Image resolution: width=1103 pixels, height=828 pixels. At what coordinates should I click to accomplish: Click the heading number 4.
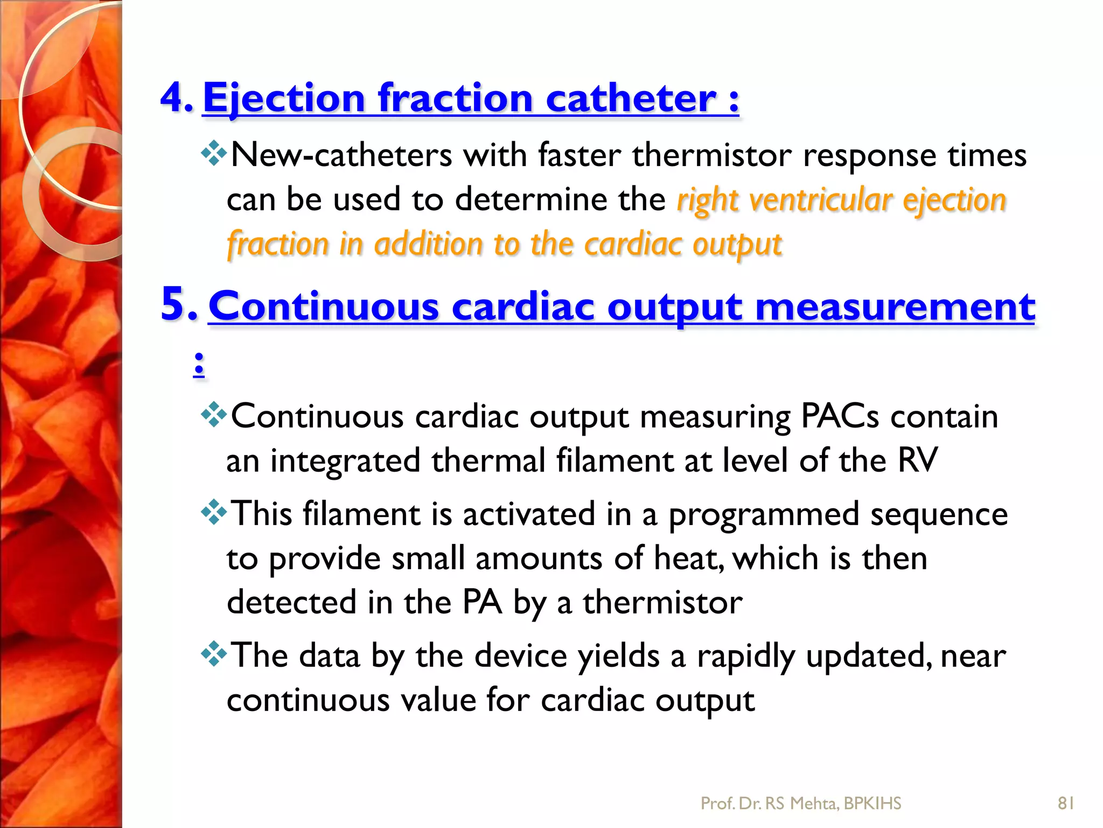pos(177,98)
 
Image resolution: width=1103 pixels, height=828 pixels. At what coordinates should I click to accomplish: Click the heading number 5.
pos(179,305)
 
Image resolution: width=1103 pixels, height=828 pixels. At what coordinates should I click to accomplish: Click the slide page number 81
pos(1066,803)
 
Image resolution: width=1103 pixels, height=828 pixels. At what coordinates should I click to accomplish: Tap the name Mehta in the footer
pos(813,804)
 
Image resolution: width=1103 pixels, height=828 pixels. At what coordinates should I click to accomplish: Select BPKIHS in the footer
pos(872,804)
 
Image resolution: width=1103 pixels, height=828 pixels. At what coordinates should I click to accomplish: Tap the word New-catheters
pos(341,155)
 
